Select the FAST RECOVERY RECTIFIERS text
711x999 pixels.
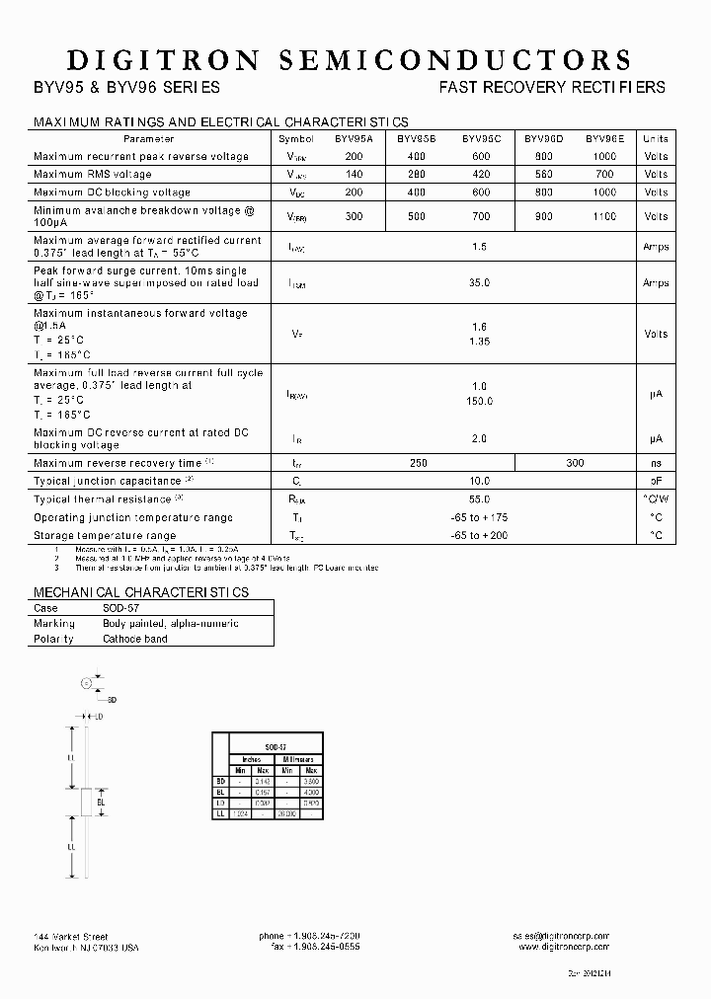(x=552, y=87)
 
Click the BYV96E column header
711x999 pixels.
(x=603, y=139)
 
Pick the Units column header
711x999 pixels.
(x=655, y=139)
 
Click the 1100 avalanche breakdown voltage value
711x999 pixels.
(x=603, y=216)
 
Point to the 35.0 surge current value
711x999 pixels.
(x=479, y=282)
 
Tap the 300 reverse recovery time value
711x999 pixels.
(x=575, y=463)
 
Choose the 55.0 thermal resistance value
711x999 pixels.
(x=479, y=499)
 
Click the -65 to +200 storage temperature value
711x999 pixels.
(x=479, y=535)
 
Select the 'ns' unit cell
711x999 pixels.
(x=655, y=463)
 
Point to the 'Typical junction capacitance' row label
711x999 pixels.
(x=109, y=481)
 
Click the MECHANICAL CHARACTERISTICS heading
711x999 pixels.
(x=141, y=592)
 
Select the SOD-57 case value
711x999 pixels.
(x=121, y=609)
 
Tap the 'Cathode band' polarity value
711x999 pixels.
(x=135, y=639)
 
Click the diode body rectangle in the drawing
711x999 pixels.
(x=86, y=802)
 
